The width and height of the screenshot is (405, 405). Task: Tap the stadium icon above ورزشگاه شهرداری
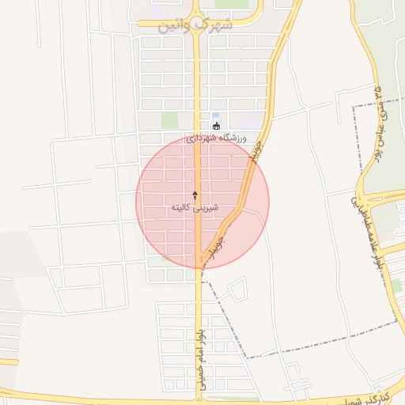click(217, 125)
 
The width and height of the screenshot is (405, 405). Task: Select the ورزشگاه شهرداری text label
click(217, 137)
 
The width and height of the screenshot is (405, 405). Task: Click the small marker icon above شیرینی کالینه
click(195, 194)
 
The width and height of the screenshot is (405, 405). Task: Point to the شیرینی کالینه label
click(195, 207)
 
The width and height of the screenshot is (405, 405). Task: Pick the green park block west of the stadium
click(169, 120)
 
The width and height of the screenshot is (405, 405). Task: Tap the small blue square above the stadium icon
click(216, 115)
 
